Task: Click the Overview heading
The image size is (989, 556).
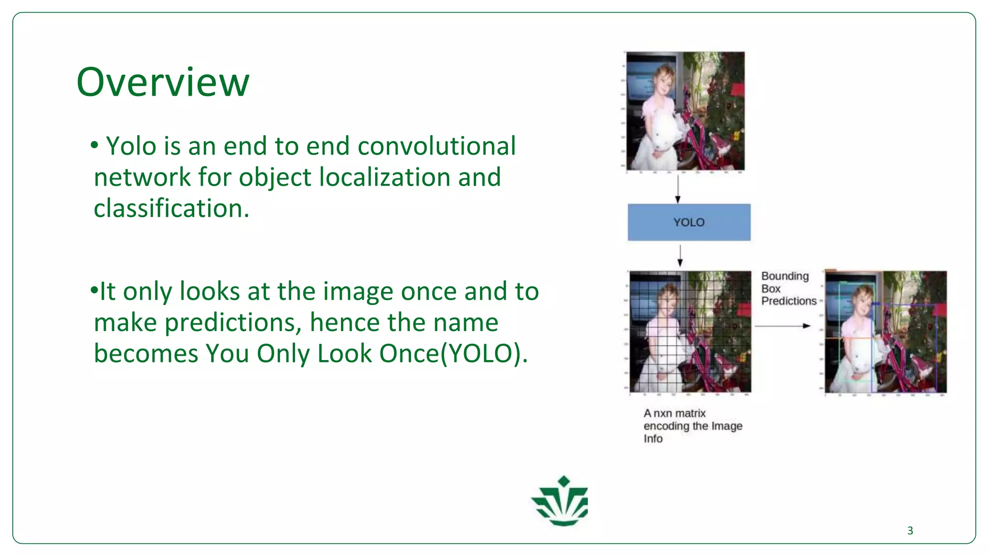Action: (163, 82)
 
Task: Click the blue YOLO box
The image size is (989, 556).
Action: (689, 222)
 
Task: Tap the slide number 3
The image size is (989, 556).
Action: (910, 530)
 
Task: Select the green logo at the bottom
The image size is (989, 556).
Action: (561, 501)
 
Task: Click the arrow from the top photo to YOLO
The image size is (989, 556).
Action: (678, 189)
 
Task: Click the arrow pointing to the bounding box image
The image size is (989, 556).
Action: (782, 326)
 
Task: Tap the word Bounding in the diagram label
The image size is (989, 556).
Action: (785, 276)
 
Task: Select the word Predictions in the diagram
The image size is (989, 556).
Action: (789, 301)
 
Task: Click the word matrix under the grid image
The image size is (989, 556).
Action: (690, 414)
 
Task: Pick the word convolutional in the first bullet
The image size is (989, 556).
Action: (437, 146)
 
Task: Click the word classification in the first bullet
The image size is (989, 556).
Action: (171, 208)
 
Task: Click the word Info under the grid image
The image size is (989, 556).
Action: (653, 439)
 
